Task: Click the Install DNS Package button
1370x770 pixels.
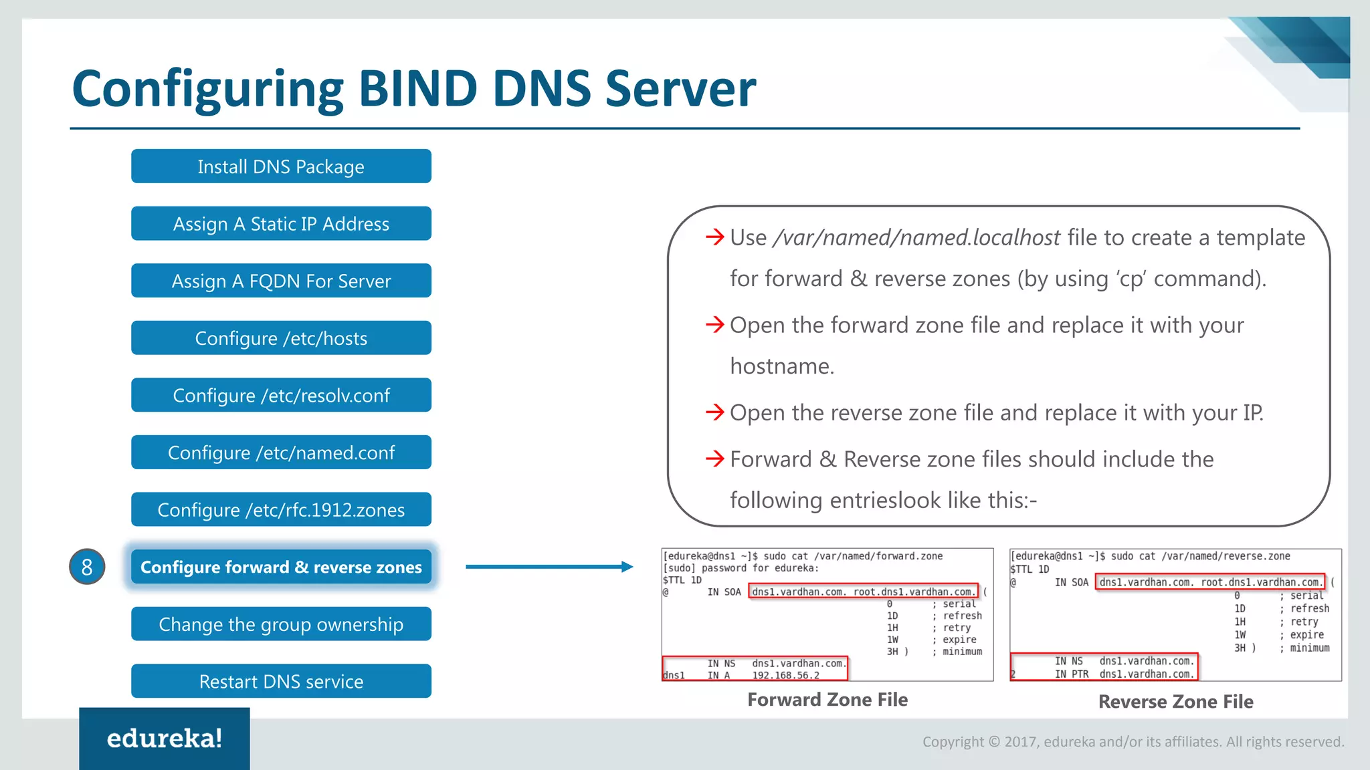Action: click(x=281, y=166)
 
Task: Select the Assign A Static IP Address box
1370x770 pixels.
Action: click(x=281, y=224)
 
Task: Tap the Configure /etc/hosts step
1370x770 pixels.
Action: click(x=281, y=338)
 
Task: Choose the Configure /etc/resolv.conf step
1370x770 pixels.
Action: click(x=281, y=396)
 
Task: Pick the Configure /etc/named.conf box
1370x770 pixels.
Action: click(x=281, y=453)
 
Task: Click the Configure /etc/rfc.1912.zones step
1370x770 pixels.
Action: click(x=281, y=510)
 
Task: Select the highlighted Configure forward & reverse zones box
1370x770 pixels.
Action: click(x=281, y=567)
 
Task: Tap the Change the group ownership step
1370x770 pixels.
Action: click(x=281, y=624)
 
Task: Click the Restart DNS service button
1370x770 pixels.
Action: click(x=281, y=681)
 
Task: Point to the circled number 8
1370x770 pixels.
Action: click(x=87, y=567)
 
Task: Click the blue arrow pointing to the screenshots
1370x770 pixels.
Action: click(x=549, y=567)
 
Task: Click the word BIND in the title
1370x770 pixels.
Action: click(x=418, y=88)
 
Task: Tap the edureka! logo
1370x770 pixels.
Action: click(x=165, y=739)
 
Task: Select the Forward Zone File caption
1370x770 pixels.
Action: click(x=827, y=700)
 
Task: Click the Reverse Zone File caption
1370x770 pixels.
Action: click(x=1175, y=702)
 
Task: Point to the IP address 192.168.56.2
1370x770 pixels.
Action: click(x=785, y=676)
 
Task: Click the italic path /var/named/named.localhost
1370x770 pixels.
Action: click(x=916, y=238)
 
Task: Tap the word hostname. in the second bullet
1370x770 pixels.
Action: click(x=782, y=366)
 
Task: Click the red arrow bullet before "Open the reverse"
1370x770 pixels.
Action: click(x=714, y=412)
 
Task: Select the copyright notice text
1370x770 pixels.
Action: click(x=1133, y=742)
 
